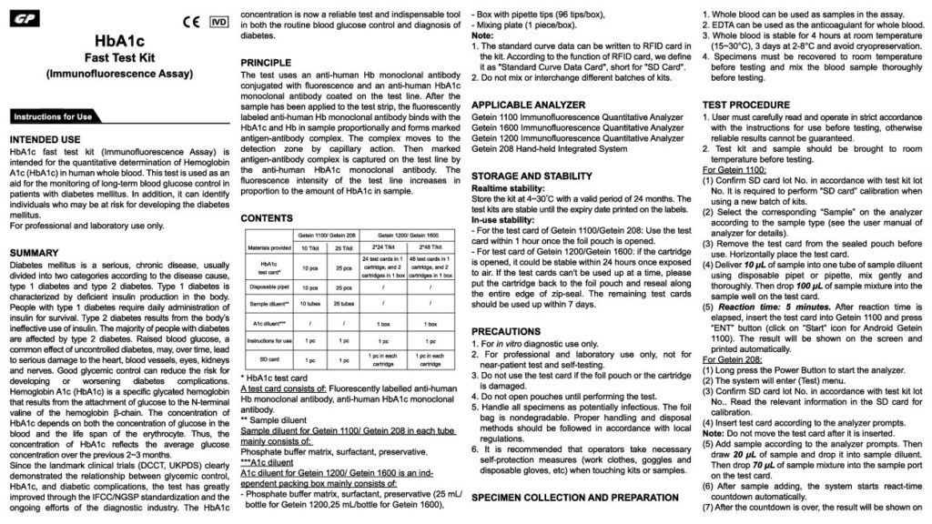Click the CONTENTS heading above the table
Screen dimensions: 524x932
pos(267,219)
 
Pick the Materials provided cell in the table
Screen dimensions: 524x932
pos(263,245)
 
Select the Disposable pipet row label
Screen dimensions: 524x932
pos(263,287)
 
